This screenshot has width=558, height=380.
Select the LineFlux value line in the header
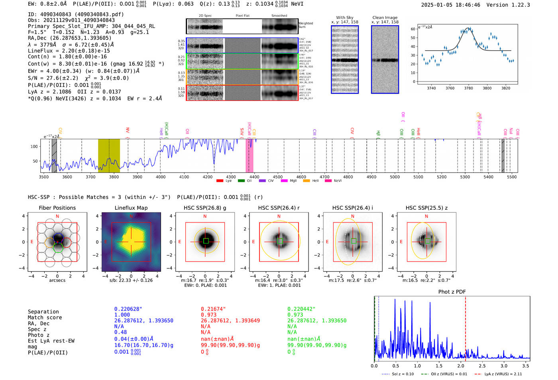tap(69, 51)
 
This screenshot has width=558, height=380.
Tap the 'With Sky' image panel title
tap(344, 18)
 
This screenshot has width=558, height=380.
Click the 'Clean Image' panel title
tap(385, 18)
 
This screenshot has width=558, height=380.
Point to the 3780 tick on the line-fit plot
tap(468, 88)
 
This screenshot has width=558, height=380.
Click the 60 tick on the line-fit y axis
tap(413, 29)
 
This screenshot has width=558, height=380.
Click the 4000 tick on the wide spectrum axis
tap(161, 177)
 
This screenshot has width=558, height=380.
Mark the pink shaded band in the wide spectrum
tap(250, 156)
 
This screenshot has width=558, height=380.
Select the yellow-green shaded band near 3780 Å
tap(109, 156)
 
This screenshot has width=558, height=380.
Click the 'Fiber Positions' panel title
tap(57, 208)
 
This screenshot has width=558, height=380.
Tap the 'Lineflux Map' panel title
tap(131, 208)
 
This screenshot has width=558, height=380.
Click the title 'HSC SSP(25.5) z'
tap(426, 208)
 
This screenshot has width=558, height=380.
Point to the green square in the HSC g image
tap(206, 241)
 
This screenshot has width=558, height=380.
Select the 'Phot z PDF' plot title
tap(452, 292)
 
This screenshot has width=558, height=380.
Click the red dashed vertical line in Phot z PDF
tap(465, 327)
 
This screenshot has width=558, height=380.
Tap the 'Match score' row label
tap(45, 317)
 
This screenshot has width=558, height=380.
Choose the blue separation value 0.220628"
tap(128, 309)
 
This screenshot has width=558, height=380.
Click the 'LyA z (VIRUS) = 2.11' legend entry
tap(498, 374)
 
